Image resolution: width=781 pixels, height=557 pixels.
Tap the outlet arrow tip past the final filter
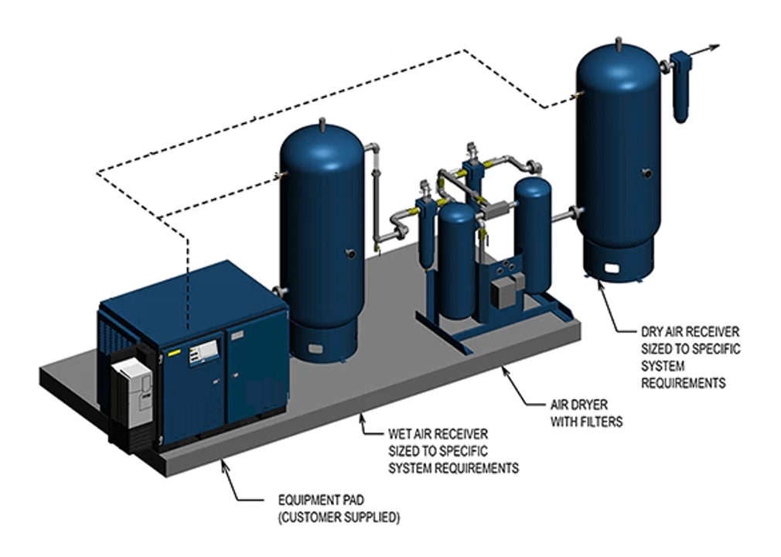point(717,47)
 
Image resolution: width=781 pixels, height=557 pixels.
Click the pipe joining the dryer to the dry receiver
point(564,211)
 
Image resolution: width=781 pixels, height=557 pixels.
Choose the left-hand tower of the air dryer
point(456,259)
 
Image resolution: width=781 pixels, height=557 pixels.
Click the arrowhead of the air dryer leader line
point(504,370)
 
